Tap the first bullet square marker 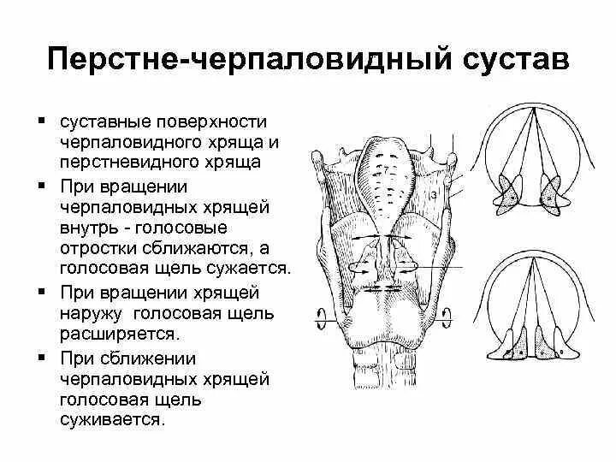42,120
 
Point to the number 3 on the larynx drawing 435,196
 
